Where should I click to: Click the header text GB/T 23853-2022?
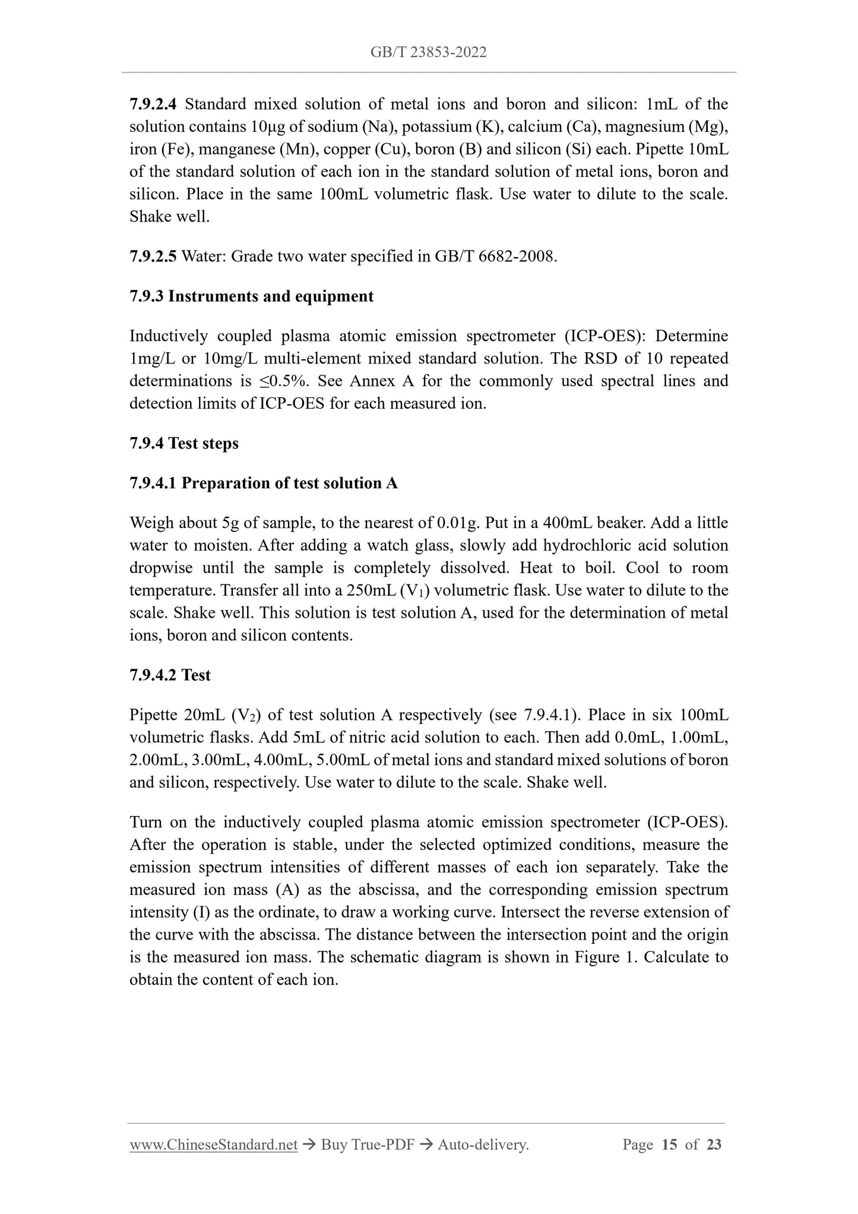tap(428, 53)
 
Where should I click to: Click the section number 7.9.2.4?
tap(153, 105)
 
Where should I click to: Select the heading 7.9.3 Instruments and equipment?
tap(251, 296)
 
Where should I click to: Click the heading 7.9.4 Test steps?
tap(183, 444)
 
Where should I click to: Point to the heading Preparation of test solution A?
tap(289, 483)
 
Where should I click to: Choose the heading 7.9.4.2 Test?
tap(170, 675)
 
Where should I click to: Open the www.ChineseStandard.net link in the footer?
tap(213, 1145)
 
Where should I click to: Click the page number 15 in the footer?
tap(669, 1145)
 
